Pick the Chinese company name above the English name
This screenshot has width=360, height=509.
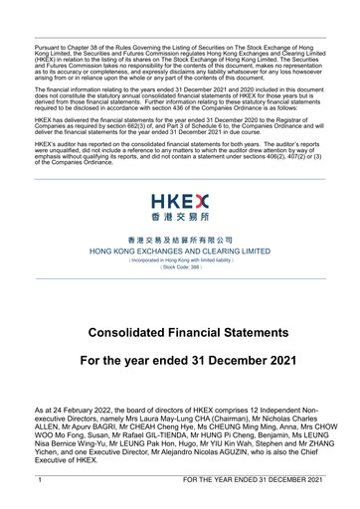[180, 242]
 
